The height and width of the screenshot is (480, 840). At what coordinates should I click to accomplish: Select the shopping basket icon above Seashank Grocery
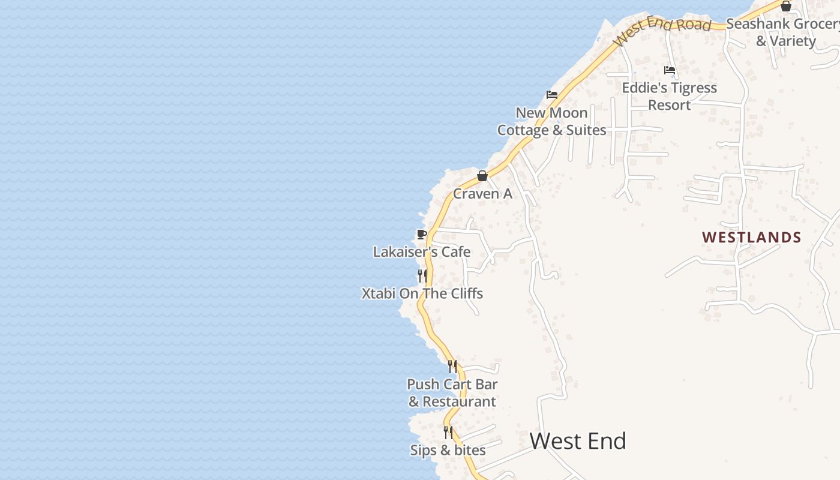786,7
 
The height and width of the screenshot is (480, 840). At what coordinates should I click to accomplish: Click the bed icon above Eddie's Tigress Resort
670,70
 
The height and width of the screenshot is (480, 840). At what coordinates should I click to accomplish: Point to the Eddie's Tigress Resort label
670,96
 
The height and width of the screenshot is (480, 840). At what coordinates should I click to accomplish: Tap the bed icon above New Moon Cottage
552,95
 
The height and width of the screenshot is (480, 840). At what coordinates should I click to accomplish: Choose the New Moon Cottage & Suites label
552,121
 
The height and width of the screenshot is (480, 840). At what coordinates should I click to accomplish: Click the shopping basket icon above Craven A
482,176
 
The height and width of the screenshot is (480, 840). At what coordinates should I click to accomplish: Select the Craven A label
482,194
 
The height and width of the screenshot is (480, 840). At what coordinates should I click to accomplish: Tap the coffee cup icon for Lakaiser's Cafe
422,234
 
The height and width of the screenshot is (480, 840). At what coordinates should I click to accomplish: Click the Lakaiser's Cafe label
422,252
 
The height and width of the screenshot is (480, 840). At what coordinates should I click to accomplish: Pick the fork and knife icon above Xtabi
422,276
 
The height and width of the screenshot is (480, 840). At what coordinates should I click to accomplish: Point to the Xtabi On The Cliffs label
422,293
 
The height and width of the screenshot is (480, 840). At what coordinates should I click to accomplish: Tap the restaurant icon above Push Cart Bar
452,366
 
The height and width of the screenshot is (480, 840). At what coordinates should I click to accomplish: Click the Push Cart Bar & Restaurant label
452,392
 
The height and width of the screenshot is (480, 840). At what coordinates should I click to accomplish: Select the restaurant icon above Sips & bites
448,432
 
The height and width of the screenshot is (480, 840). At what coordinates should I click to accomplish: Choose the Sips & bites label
448,450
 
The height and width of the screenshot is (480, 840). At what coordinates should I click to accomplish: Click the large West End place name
578,442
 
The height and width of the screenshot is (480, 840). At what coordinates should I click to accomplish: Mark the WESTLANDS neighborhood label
752,238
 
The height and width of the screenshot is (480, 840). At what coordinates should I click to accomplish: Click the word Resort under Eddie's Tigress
670,105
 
